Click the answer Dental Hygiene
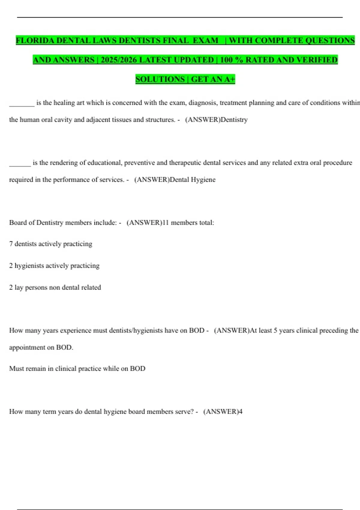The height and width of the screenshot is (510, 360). (x=193, y=180)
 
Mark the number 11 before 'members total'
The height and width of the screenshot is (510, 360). (x=165, y=223)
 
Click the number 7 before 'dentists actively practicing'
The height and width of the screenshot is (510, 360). (x=11, y=244)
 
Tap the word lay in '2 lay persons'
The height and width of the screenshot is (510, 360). (x=19, y=287)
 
